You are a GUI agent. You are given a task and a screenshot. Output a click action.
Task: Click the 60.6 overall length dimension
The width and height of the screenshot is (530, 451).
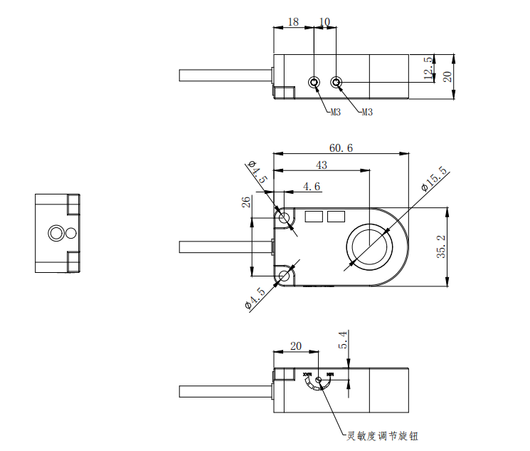click(x=341, y=148)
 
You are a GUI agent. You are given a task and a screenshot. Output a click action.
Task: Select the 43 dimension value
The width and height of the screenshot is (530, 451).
click(x=322, y=165)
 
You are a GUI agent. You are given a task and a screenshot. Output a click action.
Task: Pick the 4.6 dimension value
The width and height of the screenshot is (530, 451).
click(x=312, y=187)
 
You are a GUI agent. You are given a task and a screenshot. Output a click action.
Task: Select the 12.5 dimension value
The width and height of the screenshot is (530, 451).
click(x=428, y=69)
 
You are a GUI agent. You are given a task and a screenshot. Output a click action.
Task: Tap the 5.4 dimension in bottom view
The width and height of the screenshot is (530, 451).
click(x=343, y=340)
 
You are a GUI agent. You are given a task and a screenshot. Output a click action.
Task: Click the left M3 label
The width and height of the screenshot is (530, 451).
click(x=336, y=112)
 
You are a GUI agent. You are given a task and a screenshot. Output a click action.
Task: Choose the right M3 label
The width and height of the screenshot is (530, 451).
click(x=367, y=112)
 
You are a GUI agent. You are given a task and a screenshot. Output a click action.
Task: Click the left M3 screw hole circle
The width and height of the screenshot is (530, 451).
click(x=314, y=83)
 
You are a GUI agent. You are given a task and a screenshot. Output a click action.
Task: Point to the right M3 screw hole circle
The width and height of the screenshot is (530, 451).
click(x=338, y=83)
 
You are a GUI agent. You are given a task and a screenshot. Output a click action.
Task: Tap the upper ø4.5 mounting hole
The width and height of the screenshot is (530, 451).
click(x=285, y=218)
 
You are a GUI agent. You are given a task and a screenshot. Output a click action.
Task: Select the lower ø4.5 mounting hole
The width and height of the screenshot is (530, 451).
click(x=285, y=276)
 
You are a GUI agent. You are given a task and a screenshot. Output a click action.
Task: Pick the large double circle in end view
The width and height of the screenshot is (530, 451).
click(x=55, y=233)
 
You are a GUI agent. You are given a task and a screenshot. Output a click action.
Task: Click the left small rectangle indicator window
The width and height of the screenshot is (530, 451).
click(x=313, y=216)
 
